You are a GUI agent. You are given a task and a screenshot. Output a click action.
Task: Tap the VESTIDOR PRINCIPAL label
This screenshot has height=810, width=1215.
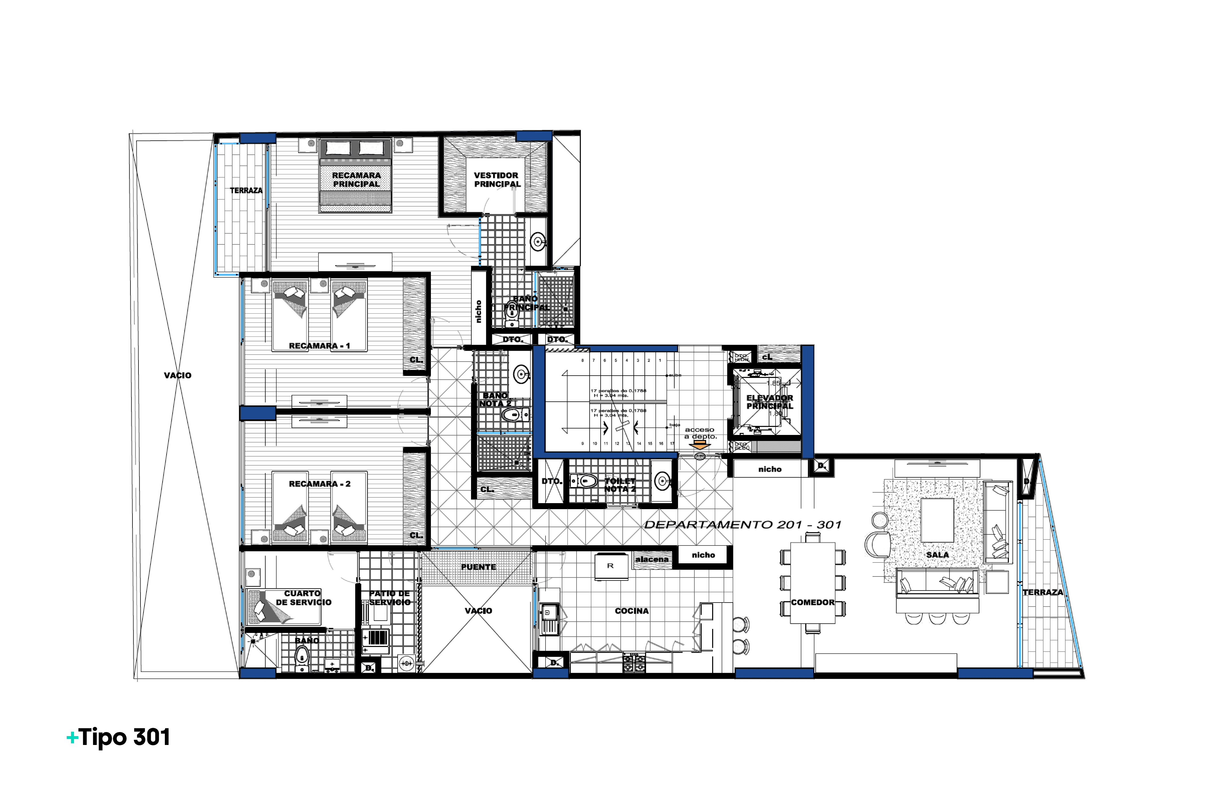[497, 180]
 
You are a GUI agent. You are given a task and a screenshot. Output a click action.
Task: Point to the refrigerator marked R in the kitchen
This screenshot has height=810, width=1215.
[611, 567]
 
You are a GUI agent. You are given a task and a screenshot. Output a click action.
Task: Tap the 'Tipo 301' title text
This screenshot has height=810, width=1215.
[124, 737]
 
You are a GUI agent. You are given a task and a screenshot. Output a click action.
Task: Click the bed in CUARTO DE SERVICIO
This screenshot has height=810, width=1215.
[283, 607]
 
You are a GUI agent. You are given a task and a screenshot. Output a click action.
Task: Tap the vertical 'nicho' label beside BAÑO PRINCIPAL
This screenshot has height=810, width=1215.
[478, 311]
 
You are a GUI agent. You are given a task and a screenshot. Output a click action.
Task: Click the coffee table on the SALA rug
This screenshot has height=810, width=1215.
[937, 520]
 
